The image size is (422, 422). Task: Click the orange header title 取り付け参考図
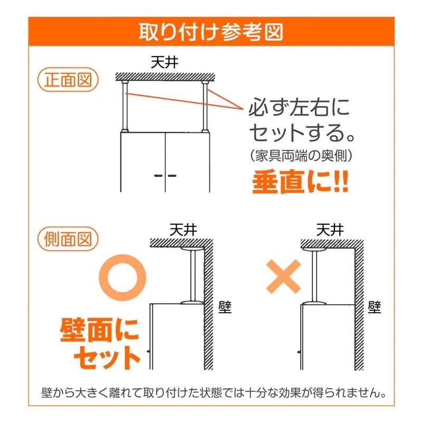point(210,32)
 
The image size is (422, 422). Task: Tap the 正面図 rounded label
point(68,80)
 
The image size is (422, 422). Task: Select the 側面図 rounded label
point(68,239)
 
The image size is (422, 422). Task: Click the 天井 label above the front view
point(165,62)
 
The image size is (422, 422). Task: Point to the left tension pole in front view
point(124,107)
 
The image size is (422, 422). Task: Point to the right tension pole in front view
point(205,107)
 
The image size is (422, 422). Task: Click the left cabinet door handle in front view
point(158,176)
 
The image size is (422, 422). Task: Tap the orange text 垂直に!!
point(300,181)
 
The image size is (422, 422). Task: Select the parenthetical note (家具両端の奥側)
point(301,156)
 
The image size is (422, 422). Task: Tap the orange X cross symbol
point(283,276)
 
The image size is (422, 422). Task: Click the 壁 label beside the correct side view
point(225,307)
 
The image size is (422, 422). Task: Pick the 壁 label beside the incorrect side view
point(375,307)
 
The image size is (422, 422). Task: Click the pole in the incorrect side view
point(314,276)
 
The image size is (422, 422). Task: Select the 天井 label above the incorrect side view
point(330,230)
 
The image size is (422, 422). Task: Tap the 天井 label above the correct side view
point(183,230)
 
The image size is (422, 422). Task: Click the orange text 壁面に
point(100,330)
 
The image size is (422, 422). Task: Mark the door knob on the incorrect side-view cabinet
point(299,351)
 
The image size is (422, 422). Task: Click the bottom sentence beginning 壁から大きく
point(214,393)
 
